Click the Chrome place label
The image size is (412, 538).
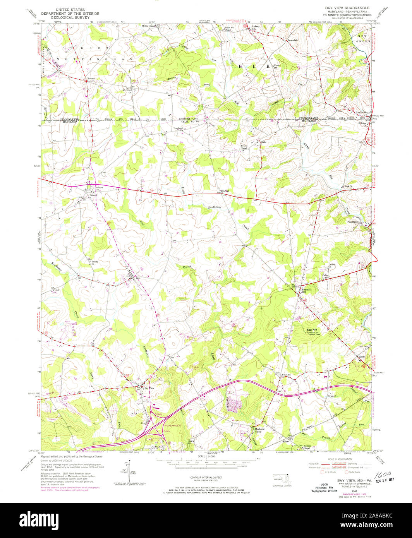pyautogui.click(x=91, y=79)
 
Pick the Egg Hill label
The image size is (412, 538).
pyautogui.click(x=312, y=329)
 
